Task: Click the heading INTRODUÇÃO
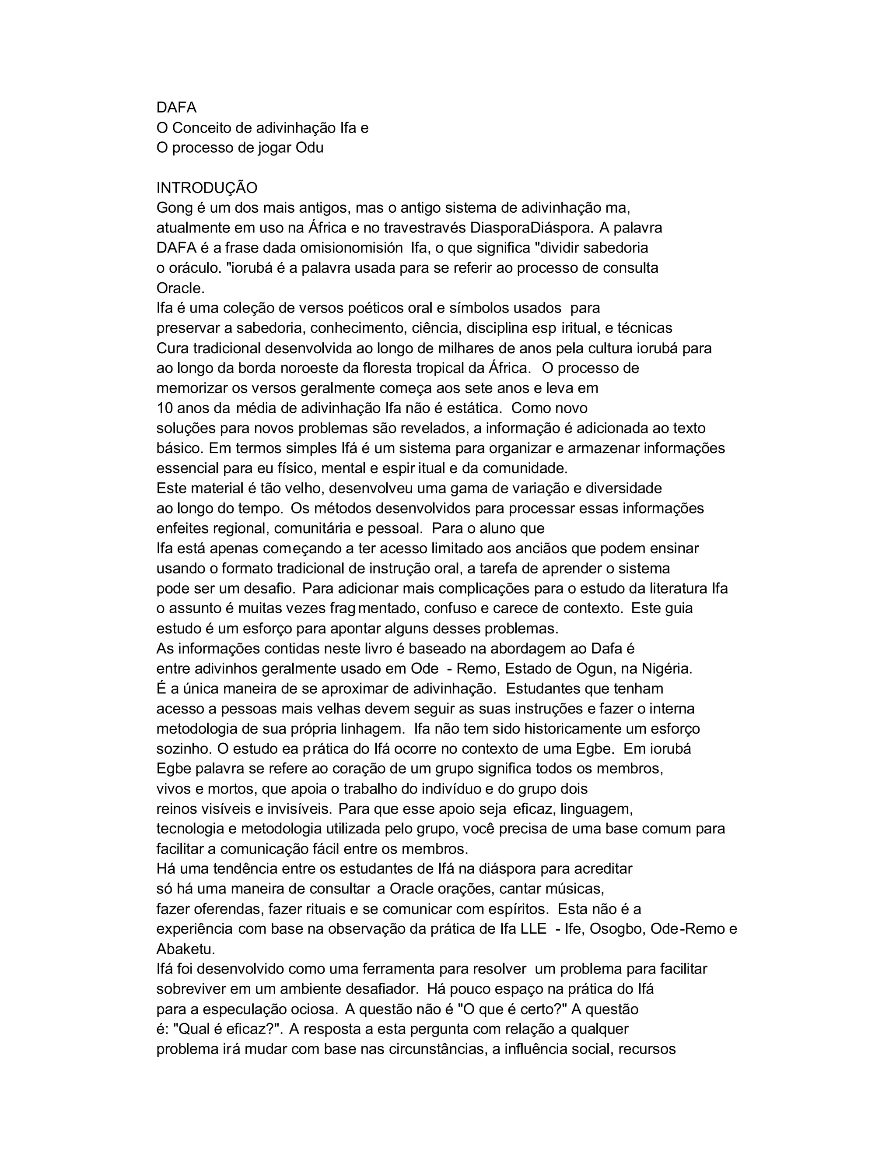pyautogui.click(x=206, y=188)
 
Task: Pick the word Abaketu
pyautogui.click(x=185, y=949)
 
